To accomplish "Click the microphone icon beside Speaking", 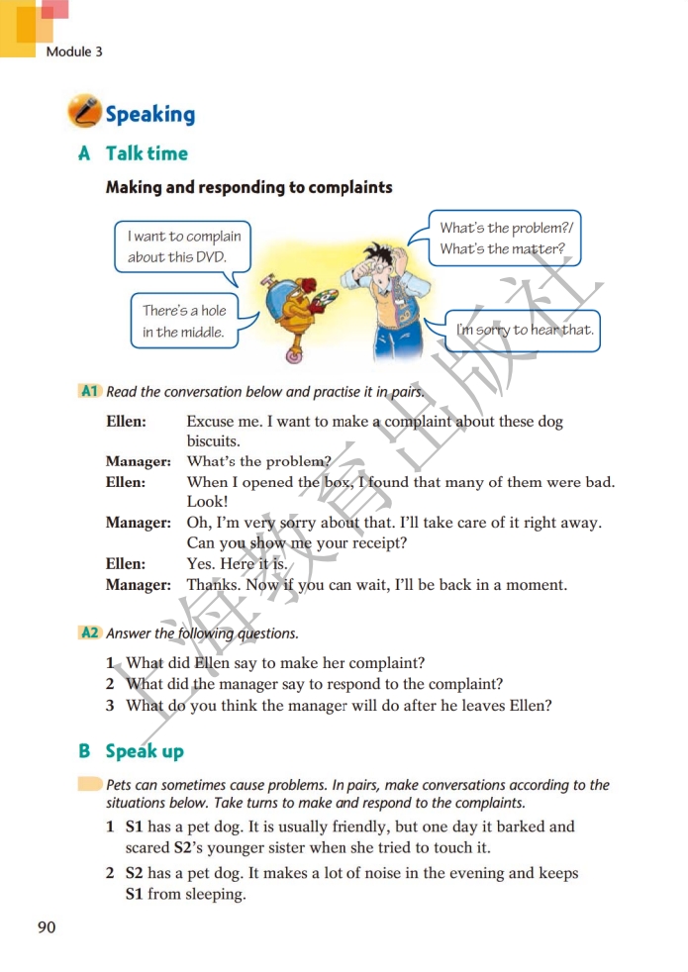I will pos(84,112).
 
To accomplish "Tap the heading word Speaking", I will pos(150,115).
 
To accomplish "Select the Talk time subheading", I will pos(147,153).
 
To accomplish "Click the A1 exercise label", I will pos(89,391).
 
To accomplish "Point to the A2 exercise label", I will pos(89,632).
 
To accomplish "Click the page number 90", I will pos(47,926).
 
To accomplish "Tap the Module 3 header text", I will pos(74,51).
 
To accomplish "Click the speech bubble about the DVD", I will pos(184,246).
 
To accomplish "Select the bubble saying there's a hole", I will pos(184,321).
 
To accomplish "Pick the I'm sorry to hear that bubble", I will pos(525,330).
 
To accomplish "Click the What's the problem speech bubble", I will pos(506,239).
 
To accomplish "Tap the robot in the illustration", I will pos(296,303).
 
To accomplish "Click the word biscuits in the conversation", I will pos(214,441).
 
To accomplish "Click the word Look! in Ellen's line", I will pos(207,502).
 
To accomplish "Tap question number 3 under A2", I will pos(112,706).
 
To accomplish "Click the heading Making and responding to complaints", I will pos(249,187).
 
